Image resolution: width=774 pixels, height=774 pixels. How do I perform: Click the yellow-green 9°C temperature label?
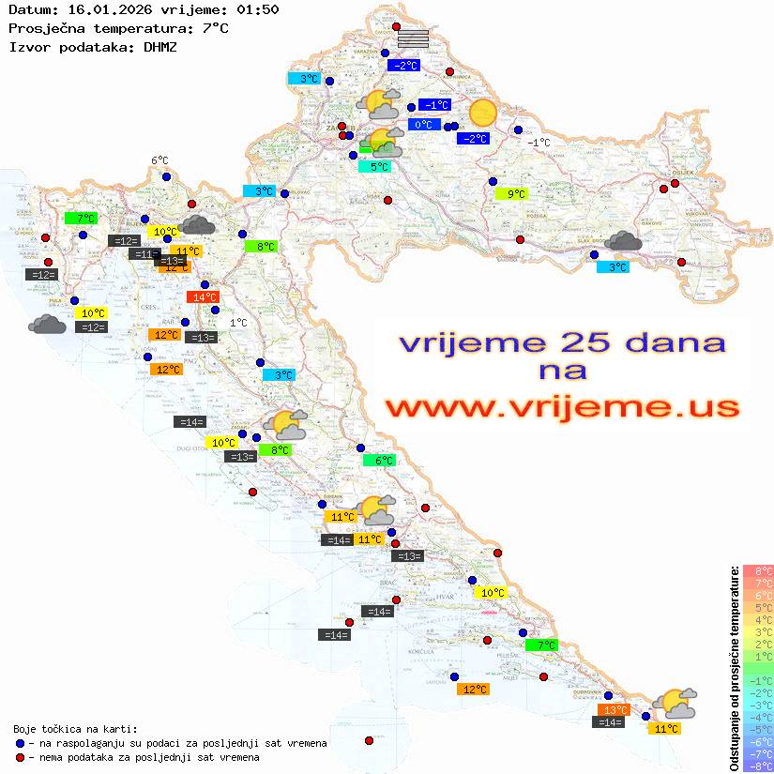pos(511,194)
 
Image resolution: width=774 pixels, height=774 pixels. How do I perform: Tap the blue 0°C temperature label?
pos(423,125)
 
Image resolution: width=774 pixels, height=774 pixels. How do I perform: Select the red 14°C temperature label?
pos(201,297)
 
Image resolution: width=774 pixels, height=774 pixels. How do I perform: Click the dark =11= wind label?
pos(144,254)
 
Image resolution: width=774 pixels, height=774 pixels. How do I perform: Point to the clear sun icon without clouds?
pos(482,113)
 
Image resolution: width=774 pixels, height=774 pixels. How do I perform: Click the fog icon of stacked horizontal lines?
pos(413,38)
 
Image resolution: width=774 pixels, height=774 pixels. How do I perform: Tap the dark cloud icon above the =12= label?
pos(47,325)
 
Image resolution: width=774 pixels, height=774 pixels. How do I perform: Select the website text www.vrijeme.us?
pos(562,408)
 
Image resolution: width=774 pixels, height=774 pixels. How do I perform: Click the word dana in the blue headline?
pos(676,343)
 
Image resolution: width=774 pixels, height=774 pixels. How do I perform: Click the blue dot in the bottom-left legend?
pos(20,743)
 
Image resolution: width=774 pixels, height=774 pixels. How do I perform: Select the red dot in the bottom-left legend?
pos(20,757)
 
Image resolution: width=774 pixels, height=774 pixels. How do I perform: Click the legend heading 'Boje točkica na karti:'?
pos(75,728)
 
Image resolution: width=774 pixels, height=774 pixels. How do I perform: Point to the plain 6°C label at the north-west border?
pos(159,161)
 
